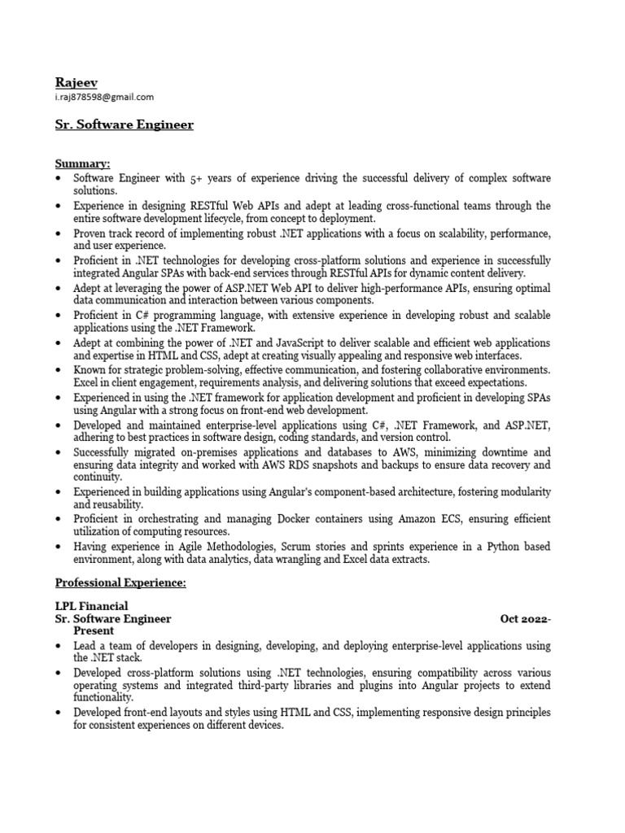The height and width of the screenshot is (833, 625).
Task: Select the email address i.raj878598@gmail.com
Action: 104,97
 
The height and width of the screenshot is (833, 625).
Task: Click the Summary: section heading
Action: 82,164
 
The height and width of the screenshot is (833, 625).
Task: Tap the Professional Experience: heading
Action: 120,583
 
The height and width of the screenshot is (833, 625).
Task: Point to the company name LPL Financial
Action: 91,606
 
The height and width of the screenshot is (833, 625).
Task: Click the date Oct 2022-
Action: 525,619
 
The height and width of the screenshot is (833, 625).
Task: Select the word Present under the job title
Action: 94,630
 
